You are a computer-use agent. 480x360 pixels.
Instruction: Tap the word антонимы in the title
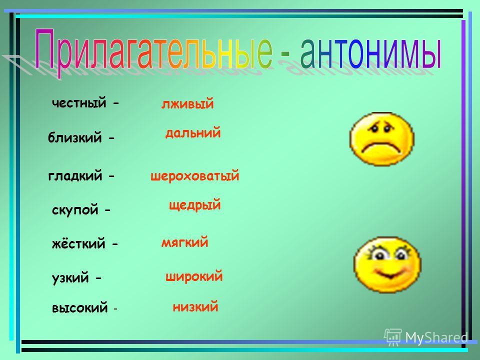[371, 52]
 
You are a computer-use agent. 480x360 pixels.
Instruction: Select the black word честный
[79, 103]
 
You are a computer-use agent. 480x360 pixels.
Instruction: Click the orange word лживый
[187, 104]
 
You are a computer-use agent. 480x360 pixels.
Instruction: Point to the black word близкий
[74, 137]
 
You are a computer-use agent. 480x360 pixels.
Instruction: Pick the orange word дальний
[193, 132]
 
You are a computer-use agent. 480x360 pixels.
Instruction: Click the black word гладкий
[75, 176]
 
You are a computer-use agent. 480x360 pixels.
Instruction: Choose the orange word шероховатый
[194, 176]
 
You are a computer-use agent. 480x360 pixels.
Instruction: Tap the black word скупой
[75, 210]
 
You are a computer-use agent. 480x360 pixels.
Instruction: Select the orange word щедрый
[194, 205]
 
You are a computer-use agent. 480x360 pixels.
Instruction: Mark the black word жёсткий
[78, 243]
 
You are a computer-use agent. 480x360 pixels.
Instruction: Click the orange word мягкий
[184, 242]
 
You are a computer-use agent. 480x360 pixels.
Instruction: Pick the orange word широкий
[194, 276]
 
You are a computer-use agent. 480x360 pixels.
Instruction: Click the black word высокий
[80, 308]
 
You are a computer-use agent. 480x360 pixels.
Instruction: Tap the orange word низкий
[195, 306]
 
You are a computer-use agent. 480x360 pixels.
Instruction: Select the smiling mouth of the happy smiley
[389, 273]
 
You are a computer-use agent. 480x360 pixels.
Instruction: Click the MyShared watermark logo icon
[393, 337]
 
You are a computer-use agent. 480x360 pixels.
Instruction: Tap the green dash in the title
[284, 54]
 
